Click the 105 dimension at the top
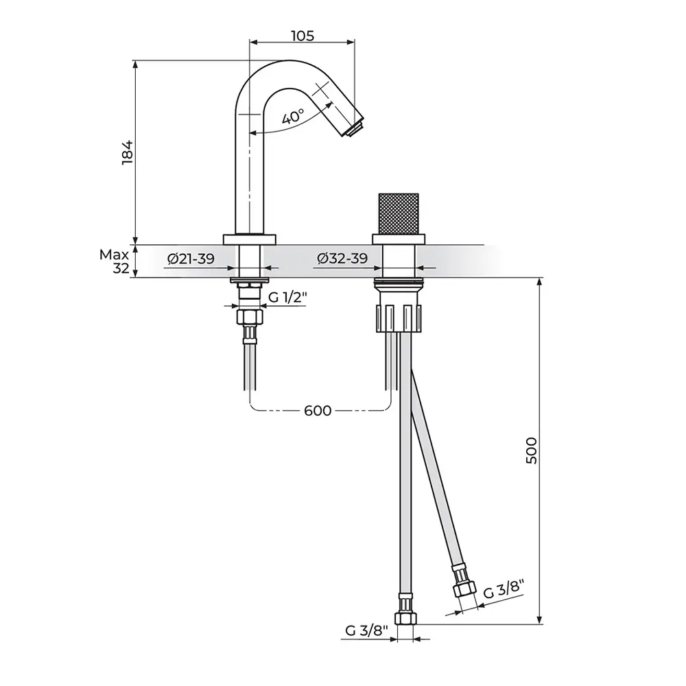coord(303,36)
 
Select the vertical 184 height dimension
coord(128,152)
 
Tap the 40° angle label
coord(293,117)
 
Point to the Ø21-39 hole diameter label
coord(191,259)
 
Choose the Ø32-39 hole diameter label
coord(342,259)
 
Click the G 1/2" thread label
coord(287,298)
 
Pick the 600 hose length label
coord(318,411)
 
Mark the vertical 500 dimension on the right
coord(531,450)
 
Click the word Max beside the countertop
coord(114,255)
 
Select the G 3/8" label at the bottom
coord(366,630)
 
